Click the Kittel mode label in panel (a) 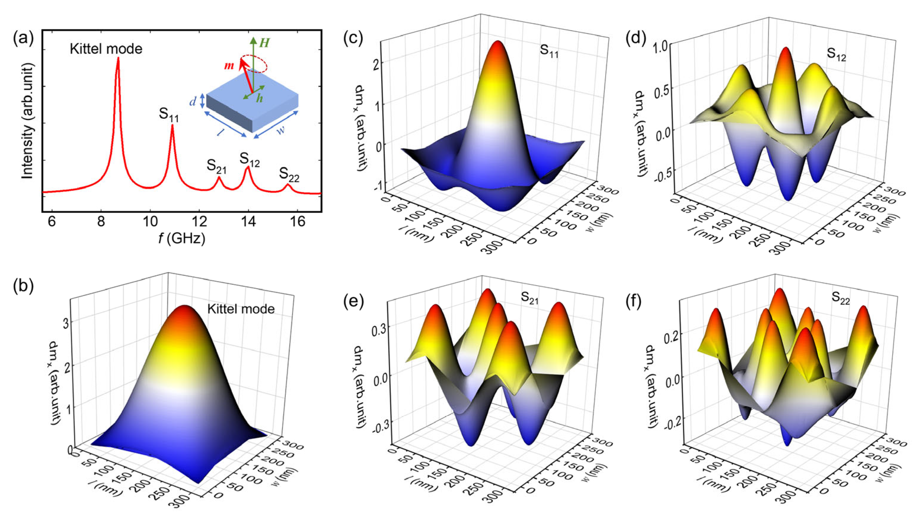(106, 49)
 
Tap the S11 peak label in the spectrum (168, 115)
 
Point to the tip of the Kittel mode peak (118, 58)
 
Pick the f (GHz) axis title (182, 238)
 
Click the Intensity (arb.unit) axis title (28, 121)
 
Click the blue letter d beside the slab (193, 102)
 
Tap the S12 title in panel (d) (836, 54)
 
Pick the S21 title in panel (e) (529, 297)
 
